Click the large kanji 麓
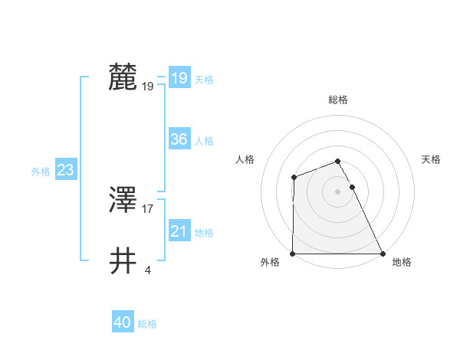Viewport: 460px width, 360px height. click(123, 78)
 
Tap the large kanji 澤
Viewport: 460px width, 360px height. click(123, 201)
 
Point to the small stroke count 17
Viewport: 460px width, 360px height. click(148, 208)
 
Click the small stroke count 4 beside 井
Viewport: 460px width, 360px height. click(147, 270)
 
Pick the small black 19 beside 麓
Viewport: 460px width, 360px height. click(148, 86)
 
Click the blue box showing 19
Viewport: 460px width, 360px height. click(179, 78)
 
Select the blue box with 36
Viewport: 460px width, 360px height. click(179, 139)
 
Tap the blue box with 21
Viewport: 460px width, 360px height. click(179, 231)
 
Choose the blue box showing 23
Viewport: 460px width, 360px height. click(65, 170)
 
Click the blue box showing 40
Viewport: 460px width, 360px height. click(123, 322)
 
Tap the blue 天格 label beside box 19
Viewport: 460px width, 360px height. click(204, 80)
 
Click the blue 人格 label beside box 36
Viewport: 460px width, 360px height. click(204, 141)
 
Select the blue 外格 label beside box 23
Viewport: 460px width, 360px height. click(41, 172)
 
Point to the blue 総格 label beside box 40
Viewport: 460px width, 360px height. click(147, 324)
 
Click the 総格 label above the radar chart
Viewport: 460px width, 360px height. click(337, 100)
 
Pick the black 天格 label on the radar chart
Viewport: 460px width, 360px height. click(432, 159)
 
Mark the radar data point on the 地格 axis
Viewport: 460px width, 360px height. click(383, 254)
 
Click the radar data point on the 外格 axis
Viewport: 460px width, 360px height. click(293, 254)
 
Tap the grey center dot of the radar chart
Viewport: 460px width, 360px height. click(337, 191)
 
